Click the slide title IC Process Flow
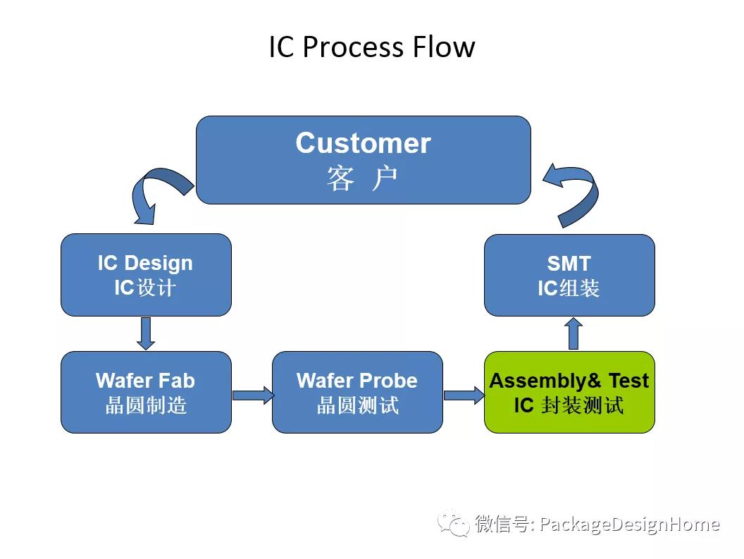372,47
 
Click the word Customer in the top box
363,143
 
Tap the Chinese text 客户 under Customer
363,179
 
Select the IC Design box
146,275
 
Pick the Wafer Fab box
146,392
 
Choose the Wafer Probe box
357,392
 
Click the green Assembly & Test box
569,392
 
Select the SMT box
569,275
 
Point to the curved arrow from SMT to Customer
574,195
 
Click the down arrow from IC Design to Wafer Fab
146,333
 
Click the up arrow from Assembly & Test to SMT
573,333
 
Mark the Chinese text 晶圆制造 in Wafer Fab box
146,405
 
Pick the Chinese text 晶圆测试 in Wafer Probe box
357,405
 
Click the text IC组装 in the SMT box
569,288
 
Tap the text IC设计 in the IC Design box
145,288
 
